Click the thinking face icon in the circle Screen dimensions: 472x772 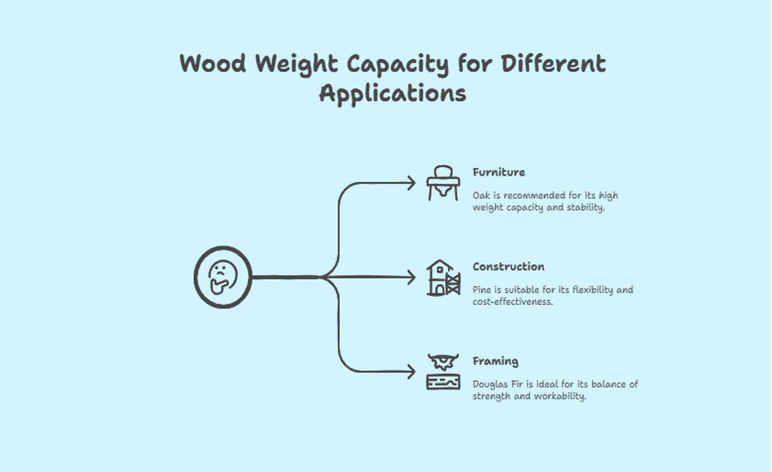222,277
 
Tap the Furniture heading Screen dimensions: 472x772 499,172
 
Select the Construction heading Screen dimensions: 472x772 508,267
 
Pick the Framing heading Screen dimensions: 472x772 495,361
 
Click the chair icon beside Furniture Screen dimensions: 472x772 443,182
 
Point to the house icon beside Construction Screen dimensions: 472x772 443,278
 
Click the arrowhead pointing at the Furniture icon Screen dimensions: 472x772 411,182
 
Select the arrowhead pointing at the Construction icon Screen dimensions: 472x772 411,277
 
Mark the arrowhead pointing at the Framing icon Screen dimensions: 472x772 411,371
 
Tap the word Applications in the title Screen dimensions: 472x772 392,93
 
